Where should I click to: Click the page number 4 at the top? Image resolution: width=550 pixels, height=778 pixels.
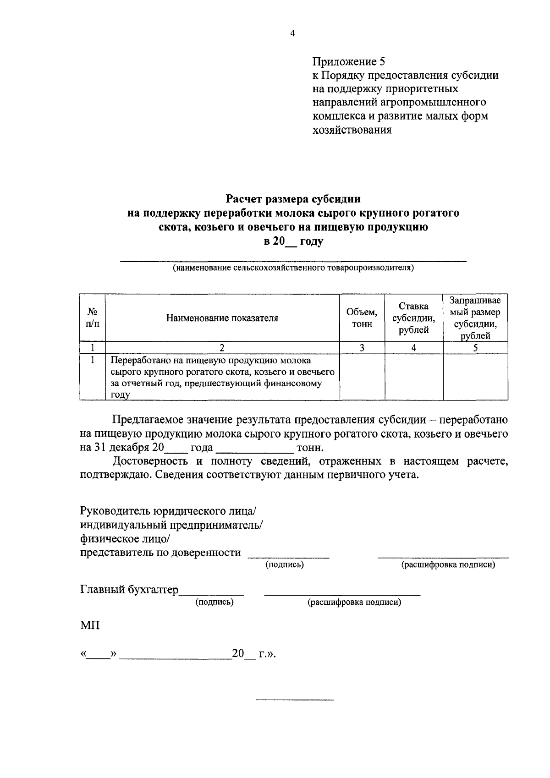click(x=292, y=33)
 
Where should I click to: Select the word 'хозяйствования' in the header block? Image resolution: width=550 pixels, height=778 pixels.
click(x=352, y=130)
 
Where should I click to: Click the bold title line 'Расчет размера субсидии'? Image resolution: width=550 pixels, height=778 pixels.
click(x=293, y=199)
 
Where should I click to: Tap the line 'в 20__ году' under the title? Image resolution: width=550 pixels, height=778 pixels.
click(x=293, y=241)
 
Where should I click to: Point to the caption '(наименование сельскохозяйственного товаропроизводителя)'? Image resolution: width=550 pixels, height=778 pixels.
click(x=293, y=268)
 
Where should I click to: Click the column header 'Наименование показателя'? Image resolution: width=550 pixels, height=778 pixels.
click(x=222, y=318)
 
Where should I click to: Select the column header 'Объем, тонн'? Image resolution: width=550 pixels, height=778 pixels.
click(x=362, y=318)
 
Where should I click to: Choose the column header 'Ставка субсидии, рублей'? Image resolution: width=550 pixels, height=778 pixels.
click(x=413, y=318)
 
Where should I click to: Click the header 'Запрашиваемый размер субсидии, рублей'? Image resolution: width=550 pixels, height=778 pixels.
click(x=475, y=318)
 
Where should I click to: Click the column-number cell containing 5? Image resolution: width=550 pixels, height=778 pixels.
click(x=475, y=348)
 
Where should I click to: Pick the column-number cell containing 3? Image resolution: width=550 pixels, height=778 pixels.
click(x=362, y=348)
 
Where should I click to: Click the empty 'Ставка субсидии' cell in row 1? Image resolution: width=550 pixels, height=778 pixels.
click(x=413, y=377)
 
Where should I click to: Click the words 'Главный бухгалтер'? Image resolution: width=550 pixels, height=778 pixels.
click(x=129, y=590)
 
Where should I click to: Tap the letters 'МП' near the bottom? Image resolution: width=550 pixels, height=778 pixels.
click(x=89, y=625)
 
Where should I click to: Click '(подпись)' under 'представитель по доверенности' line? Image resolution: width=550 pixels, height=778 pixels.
click(x=285, y=565)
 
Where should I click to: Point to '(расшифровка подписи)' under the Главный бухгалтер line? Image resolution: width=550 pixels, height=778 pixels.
click(x=354, y=602)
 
